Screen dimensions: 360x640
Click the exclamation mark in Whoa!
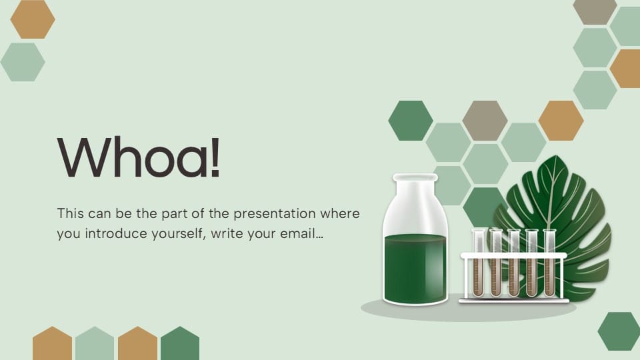click(215, 157)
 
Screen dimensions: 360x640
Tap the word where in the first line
click(340, 215)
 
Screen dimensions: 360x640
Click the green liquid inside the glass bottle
click(415, 267)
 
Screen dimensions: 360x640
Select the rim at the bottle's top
click(415, 178)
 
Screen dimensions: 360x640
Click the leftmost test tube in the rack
click(477, 263)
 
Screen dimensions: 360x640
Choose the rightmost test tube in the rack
click(549, 263)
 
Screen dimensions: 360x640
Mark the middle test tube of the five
click(513, 263)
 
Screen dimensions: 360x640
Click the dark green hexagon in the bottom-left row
click(180, 344)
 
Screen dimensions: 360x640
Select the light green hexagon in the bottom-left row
click(95, 344)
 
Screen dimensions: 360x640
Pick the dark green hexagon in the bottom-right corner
click(618, 331)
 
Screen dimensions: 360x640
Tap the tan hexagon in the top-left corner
click(33, 19)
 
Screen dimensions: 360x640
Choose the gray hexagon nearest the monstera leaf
click(485, 121)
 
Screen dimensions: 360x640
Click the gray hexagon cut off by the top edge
click(595, 9)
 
